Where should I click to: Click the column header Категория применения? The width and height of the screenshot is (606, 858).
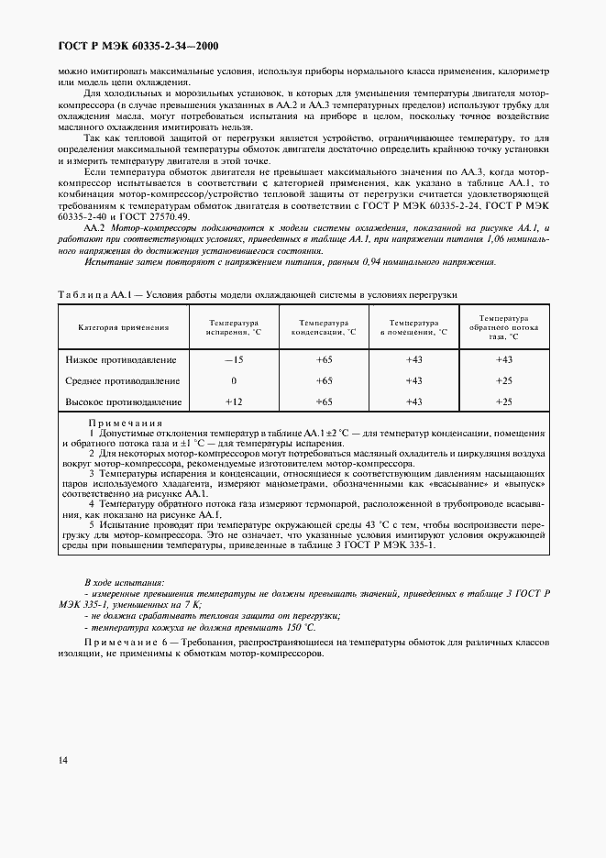[124, 327]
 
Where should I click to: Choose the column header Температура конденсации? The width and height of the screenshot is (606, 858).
[324, 327]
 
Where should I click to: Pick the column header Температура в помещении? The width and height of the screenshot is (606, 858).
[413, 327]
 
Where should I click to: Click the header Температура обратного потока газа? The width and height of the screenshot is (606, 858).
[503, 327]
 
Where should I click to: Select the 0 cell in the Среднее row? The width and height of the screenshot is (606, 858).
[234, 380]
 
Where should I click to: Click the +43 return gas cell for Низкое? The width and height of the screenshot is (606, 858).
[503, 359]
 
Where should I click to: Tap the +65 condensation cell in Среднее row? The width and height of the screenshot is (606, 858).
[324, 380]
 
